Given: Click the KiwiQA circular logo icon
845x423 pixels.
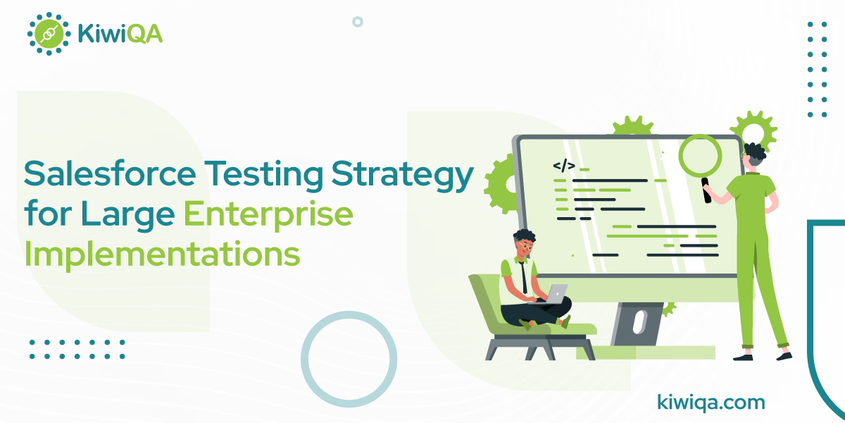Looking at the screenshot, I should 49,33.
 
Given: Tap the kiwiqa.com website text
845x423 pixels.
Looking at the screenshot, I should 710,403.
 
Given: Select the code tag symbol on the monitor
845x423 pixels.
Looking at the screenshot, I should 563,166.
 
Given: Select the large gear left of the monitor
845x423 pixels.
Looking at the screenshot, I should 501,185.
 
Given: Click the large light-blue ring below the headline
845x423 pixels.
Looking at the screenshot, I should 349,359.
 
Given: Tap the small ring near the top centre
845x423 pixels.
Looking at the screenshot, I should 357,22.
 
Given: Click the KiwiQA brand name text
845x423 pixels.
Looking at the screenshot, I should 120,33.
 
